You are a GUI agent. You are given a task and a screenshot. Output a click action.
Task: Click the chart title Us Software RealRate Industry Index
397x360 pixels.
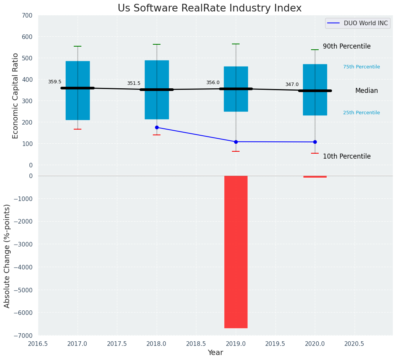pyautogui.click(x=209, y=8)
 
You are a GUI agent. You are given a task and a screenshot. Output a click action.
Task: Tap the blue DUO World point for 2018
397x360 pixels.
pyautogui.click(x=157, y=127)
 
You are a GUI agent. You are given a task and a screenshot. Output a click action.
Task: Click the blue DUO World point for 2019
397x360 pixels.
pyautogui.click(x=236, y=142)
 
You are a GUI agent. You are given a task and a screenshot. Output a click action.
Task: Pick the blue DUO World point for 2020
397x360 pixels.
pyautogui.click(x=315, y=142)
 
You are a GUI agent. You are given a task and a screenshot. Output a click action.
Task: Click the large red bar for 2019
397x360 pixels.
pyautogui.click(x=236, y=251)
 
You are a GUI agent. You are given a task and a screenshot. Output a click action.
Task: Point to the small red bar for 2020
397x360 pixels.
pyautogui.click(x=315, y=177)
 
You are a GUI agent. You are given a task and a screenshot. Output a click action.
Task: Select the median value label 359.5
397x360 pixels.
pyautogui.click(x=55, y=82)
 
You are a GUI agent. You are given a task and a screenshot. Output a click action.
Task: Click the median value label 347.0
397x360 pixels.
pyautogui.click(x=292, y=84)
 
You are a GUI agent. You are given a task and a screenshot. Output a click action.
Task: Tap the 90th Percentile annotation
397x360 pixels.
pyautogui.click(x=347, y=46)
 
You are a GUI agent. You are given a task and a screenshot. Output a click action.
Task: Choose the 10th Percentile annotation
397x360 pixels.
pyautogui.click(x=347, y=156)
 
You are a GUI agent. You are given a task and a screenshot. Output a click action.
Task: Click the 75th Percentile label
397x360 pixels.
pyautogui.click(x=361, y=67)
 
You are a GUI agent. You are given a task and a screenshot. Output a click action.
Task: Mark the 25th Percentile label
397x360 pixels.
pyautogui.click(x=361, y=113)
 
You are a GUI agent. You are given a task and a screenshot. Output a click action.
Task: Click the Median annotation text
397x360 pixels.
pyautogui.click(x=366, y=91)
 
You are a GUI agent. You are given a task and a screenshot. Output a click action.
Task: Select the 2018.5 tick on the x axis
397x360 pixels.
pyautogui.click(x=196, y=344)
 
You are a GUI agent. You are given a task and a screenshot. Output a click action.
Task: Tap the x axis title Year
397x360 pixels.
pyautogui.click(x=216, y=353)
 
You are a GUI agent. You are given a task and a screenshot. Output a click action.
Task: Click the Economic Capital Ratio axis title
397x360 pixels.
pyautogui.click(x=16, y=96)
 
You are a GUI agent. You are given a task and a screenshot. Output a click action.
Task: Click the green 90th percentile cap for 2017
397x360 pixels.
pyautogui.click(x=78, y=46)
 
